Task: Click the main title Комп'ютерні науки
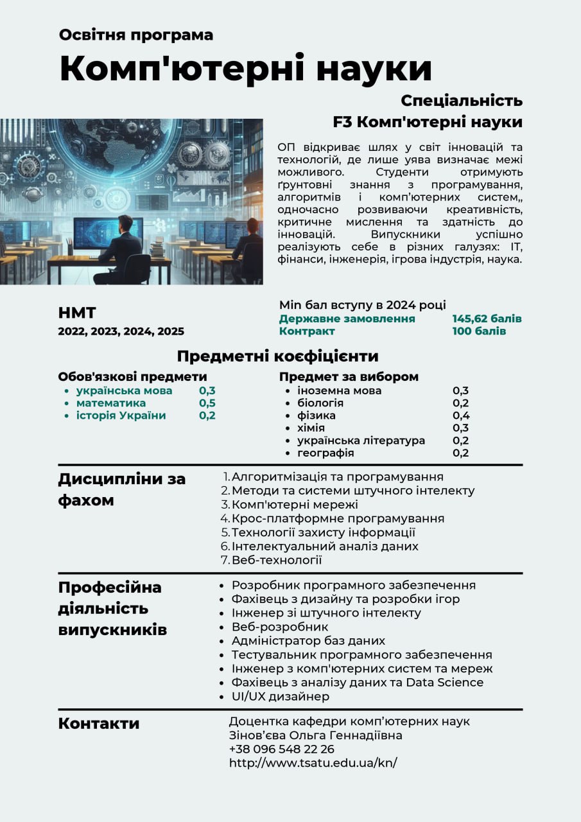246,69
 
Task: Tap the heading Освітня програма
136,35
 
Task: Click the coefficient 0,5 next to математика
207,403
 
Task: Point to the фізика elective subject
316,415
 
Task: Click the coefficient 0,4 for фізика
460,415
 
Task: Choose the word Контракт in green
307,331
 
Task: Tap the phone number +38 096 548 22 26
281,749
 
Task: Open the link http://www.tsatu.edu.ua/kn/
313,762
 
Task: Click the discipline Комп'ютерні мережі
295,504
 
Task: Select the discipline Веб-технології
277,560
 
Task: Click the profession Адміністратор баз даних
308,640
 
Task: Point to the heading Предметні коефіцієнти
278,356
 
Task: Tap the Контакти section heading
99,724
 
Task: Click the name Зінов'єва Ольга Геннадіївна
315,735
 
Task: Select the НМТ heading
77,313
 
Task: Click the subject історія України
121,415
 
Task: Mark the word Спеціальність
462,101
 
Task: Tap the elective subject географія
325,453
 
